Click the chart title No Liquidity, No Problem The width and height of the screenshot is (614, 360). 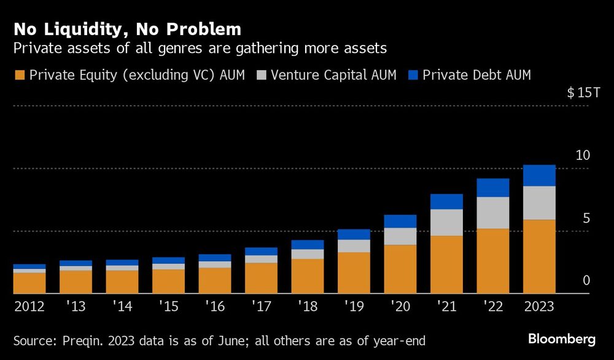point(127,29)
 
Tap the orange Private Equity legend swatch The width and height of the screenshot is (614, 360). point(19,76)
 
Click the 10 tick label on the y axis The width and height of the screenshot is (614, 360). point(583,155)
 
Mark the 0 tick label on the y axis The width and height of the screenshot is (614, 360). point(586,280)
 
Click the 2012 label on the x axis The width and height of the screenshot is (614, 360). point(29,307)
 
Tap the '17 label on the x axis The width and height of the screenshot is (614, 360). point(260,307)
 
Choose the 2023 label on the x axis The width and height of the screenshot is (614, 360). point(539,307)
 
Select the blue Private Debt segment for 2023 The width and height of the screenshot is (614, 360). point(539,176)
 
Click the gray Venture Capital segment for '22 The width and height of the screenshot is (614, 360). point(493,213)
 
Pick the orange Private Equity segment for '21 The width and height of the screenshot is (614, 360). point(446,264)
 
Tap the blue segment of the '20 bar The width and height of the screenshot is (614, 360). point(400,221)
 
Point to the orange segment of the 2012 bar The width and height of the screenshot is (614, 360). point(29,283)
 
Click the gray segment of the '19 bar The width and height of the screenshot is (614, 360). point(354,246)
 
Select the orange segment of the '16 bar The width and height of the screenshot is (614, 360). point(215,280)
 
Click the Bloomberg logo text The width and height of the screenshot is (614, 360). point(562,339)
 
